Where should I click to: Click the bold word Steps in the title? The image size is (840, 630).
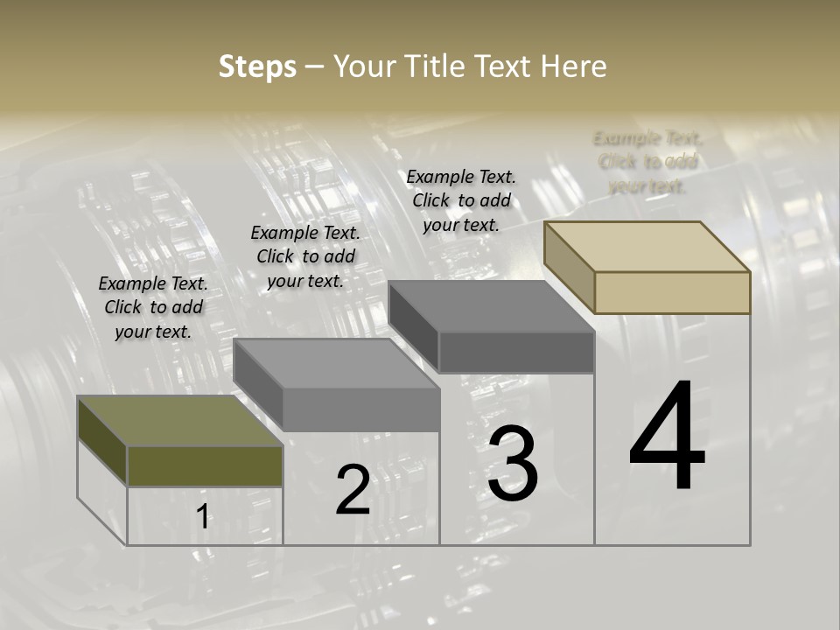point(257,66)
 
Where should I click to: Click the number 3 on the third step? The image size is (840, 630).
point(513,464)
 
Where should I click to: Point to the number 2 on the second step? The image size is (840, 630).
point(353,490)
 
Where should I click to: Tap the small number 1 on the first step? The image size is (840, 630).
point(203,517)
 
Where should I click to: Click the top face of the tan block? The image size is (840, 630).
point(646,246)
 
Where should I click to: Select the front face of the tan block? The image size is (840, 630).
point(672,292)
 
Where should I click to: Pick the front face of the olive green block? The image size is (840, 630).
point(205,465)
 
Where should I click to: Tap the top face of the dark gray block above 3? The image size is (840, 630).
point(491,306)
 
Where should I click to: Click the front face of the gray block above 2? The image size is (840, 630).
point(360,409)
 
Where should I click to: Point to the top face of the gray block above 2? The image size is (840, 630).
point(336,363)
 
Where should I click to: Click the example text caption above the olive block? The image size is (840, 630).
point(153,307)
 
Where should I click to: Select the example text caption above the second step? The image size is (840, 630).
point(305,256)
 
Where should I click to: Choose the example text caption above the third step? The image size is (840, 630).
point(461,200)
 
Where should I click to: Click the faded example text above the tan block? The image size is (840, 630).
point(647,162)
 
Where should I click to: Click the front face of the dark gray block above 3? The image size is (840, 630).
point(516,352)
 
